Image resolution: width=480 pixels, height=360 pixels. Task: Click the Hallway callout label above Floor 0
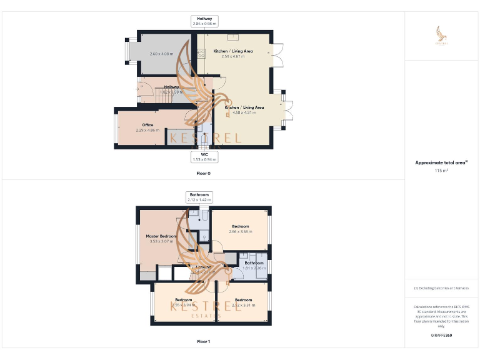(x=204, y=19)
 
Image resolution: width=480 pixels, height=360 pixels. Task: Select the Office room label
(x=147, y=125)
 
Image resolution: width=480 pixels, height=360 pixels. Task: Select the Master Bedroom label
(x=161, y=236)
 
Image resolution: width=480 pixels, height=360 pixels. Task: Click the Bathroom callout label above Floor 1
(x=199, y=194)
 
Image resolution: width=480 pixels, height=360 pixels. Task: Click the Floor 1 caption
(x=204, y=342)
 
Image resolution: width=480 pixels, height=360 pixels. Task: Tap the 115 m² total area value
(x=441, y=170)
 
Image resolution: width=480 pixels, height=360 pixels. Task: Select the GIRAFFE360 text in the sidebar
(x=441, y=336)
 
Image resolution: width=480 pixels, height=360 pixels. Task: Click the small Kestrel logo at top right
(x=441, y=36)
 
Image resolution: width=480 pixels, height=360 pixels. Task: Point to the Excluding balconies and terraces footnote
(x=441, y=288)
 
